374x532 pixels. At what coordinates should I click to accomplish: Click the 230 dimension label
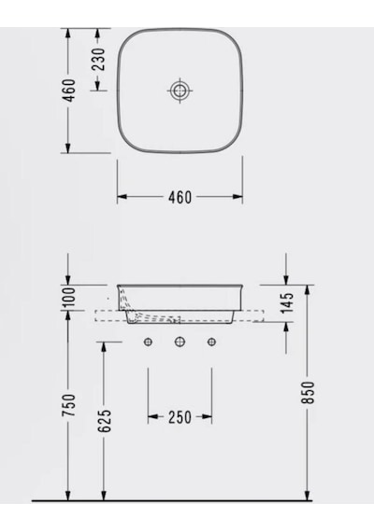coord(98,60)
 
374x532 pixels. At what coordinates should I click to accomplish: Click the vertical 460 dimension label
coord(69,91)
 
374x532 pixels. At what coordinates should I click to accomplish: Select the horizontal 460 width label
coord(180,197)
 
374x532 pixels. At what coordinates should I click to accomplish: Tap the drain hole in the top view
coord(180,91)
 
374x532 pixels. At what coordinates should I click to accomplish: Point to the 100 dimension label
coord(69,297)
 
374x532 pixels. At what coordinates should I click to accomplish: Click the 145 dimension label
coord(288,302)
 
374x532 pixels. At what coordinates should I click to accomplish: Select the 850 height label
coord(309,393)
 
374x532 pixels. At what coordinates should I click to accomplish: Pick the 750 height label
coord(68,405)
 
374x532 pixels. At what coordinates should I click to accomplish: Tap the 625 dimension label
coord(105,421)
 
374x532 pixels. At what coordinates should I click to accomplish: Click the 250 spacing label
coord(180,417)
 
